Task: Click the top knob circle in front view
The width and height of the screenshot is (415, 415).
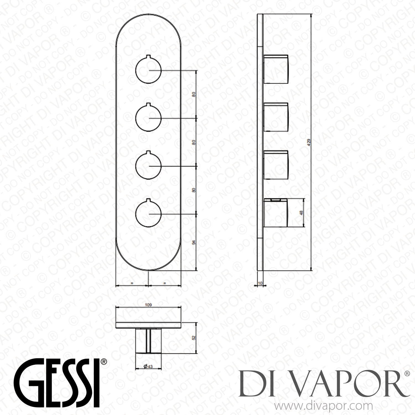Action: click(148, 70)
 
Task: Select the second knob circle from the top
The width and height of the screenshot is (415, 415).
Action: click(148, 118)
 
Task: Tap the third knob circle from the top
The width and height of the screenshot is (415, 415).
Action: click(148, 166)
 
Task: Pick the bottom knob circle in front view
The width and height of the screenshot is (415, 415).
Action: click(148, 214)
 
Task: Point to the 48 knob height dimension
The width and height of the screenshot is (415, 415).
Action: click(302, 212)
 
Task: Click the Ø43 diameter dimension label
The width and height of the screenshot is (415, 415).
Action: click(148, 366)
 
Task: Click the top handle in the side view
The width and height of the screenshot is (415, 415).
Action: click(276, 69)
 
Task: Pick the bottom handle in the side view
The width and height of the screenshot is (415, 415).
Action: click(276, 212)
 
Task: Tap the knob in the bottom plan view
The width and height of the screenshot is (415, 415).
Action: click(148, 341)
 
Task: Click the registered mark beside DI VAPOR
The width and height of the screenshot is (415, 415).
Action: click(407, 374)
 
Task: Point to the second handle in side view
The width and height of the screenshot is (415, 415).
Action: click(276, 116)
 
